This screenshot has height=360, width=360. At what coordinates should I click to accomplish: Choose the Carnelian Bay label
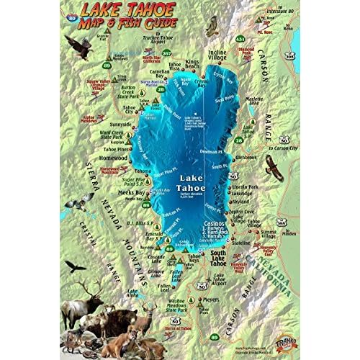click(x=158, y=75)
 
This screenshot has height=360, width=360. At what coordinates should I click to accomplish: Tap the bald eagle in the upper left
click(x=78, y=47)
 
